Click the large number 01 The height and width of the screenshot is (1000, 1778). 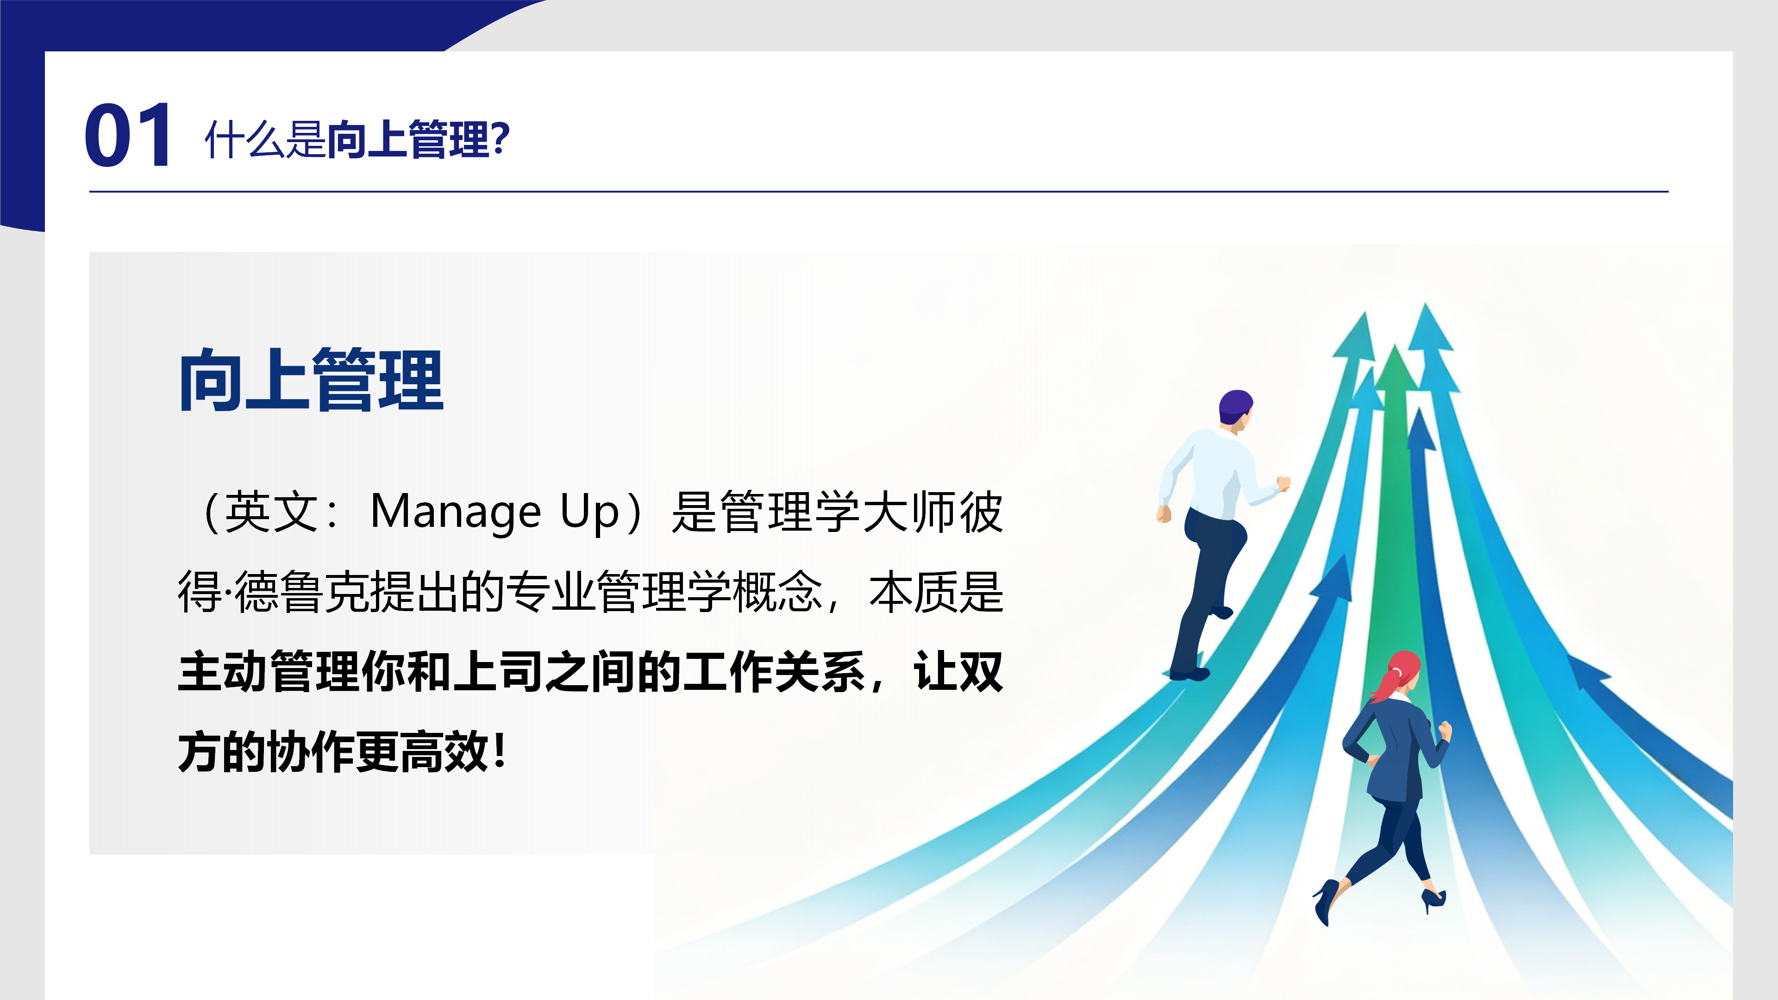[128, 135]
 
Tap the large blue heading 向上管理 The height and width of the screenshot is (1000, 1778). [311, 380]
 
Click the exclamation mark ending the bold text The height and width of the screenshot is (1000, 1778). [501, 751]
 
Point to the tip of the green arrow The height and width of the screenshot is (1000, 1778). [1395, 344]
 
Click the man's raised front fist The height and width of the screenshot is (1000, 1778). [1283, 483]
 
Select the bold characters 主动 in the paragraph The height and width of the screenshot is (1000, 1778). [222, 671]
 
